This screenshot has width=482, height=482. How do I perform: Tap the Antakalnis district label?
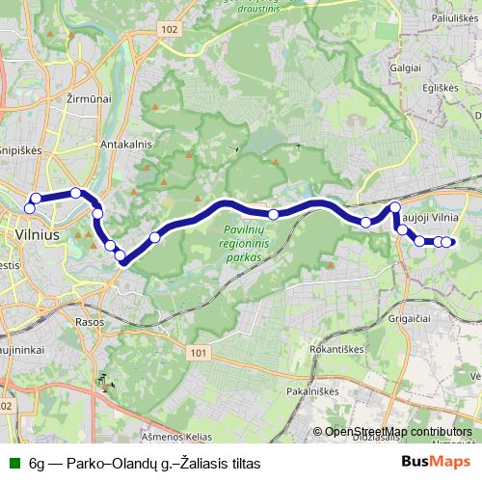point(122,144)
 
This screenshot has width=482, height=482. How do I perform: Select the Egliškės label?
point(438,88)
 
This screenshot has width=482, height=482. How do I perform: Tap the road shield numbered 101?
point(199,354)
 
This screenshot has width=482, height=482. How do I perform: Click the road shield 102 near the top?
point(170,30)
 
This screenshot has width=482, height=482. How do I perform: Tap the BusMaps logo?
point(431,463)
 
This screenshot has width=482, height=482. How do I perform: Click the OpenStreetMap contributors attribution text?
point(398,431)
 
